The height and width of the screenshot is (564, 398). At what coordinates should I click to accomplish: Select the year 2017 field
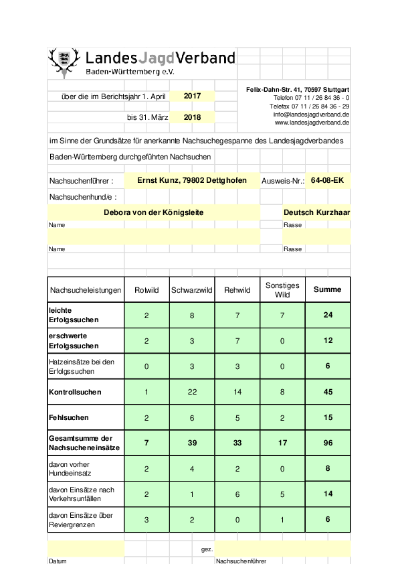(x=192, y=96)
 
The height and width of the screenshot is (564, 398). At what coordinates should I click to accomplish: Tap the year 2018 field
(x=192, y=117)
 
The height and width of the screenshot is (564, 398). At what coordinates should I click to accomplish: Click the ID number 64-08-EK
(x=327, y=180)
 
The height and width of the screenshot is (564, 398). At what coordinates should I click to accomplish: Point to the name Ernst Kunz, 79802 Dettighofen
(x=192, y=180)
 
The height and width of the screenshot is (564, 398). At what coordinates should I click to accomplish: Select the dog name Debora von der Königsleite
(x=154, y=212)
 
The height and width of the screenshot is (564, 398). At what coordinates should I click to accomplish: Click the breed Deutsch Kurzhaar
(x=316, y=212)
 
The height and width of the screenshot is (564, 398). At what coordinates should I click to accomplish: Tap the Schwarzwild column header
(x=192, y=290)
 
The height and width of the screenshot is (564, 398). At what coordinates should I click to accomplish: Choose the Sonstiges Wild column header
(x=282, y=289)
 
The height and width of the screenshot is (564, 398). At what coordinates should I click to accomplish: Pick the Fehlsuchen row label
(x=69, y=417)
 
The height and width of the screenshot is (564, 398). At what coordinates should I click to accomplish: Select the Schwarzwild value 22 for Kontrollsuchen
(x=192, y=392)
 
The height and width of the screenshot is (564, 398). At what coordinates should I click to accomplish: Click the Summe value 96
(x=328, y=443)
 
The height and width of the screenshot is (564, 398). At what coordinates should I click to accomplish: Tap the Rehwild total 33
(x=237, y=443)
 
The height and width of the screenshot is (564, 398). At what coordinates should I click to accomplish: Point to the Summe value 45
(x=328, y=392)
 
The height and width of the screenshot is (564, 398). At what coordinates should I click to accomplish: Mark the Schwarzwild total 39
(x=192, y=443)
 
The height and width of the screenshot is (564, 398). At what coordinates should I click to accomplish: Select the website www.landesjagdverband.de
(x=312, y=123)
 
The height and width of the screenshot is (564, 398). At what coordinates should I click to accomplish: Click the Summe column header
(x=328, y=289)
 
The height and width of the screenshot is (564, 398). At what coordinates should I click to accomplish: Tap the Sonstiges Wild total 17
(x=282, y=443)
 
